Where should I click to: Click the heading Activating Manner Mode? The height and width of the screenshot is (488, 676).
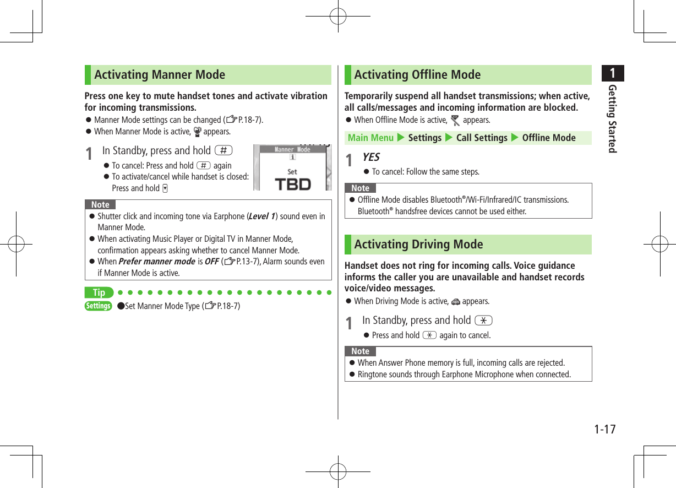click(x=160, y=74)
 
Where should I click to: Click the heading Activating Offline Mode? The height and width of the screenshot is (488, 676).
click(x=417, y=74)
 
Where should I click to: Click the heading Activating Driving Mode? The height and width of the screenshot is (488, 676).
click(x=418, y=244)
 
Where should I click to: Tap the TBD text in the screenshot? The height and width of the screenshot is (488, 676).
click(x=292, y=184)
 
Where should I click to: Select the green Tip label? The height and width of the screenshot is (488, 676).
click(x=99, y=292)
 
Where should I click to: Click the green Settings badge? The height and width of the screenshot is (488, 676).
click(x=99, y=306)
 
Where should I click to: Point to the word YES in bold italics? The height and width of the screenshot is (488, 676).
click(x=370, y=157)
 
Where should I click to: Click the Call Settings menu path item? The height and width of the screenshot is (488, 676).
click(x=482, y=138)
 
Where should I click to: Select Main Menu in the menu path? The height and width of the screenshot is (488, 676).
click(x=370, y=138)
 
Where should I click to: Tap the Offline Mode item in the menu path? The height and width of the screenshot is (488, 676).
click(x=549, y=138)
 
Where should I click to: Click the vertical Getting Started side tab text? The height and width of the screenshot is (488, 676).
click(x=612, y=118)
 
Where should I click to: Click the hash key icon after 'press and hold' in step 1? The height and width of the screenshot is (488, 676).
click(x=224, y=150)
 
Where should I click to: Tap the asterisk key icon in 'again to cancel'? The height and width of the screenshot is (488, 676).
click(x=429, y=335)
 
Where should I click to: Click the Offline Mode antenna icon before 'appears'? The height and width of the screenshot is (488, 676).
click(x=455, y=120)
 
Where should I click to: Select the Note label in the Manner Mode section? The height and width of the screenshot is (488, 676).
click(x=100, y=204)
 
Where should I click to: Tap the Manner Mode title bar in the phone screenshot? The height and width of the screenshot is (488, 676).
click(x=292, y=149)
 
